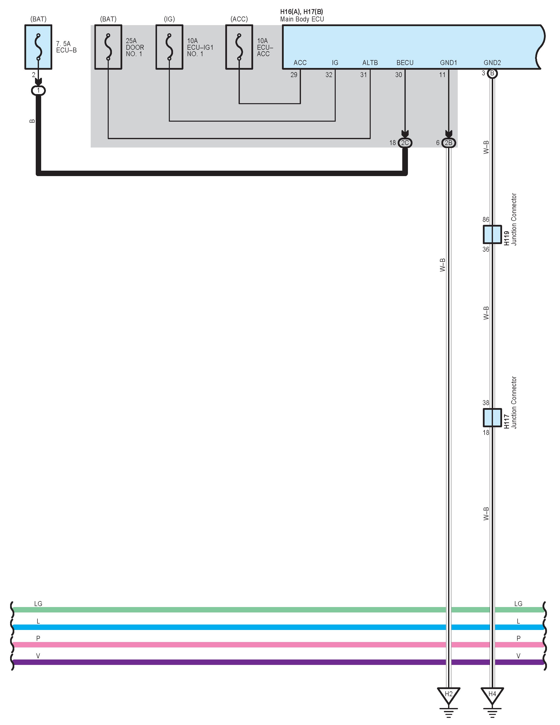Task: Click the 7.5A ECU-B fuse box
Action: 38,47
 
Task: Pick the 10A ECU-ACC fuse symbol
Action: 239,47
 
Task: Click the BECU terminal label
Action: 405,63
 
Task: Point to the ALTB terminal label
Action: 370,63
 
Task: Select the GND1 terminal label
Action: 448,63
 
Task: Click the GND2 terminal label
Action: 492,63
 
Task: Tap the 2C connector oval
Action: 405,143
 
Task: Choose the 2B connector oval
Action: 448,143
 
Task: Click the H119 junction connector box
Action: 492,234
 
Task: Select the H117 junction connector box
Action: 492,417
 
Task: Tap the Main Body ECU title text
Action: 302,19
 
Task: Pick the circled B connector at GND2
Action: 492,73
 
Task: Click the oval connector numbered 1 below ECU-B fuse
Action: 38,90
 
